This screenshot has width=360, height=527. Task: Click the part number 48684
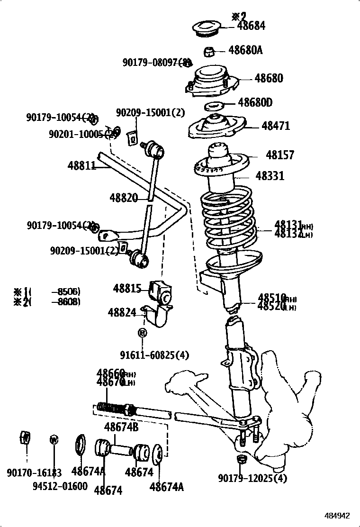click(x=251, y=26)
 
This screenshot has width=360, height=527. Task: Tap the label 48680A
click(x=245, y=50)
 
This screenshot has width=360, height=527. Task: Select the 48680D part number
click(x=255, y=102)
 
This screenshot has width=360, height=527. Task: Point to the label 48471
click(x=276, y=126)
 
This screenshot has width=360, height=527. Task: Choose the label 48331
click(x=270, y=176)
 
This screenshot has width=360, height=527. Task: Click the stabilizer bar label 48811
click(x=82, y=165)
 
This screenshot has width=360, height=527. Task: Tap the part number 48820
click(x=124, y=198)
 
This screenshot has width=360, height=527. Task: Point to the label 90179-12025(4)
click(x=252, y=478)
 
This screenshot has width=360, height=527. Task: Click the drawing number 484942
click(x=337, y=516)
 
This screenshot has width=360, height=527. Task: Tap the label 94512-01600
click(x=60, y=487)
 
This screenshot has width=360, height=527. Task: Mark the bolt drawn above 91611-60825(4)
click(x=142, y=333)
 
